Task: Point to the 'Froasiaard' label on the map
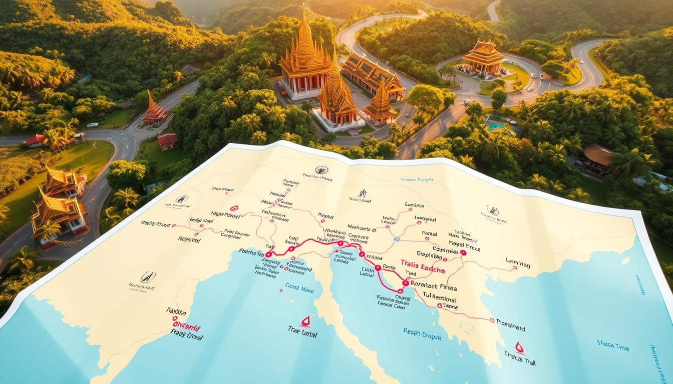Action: pyautogui.click(x=510, y=328)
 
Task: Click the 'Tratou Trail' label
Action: pyautogui.click(x=520, y=359)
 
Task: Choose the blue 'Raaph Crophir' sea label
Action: pyautogui.click(x=423, y=334)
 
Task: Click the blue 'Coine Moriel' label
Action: pyautogui.click(x=299, y=286)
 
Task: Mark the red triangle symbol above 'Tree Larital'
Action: pyautogui.click(x=304, y=321)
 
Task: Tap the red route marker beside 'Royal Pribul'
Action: pyautogui.click(x=463, y=253)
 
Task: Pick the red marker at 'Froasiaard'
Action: pyautogui.click(x=492, y=320)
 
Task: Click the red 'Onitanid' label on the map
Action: pyautogui.click(x=186, y=328)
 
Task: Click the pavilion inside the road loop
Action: pyautogui.click(x=482, y=58)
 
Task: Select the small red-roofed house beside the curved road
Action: pyautogui.click(x=167, y=140)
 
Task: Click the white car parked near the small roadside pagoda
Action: pyautogui.click(x=93, y=125)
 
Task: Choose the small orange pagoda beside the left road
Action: pyautogui.click(x=154, y=110)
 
